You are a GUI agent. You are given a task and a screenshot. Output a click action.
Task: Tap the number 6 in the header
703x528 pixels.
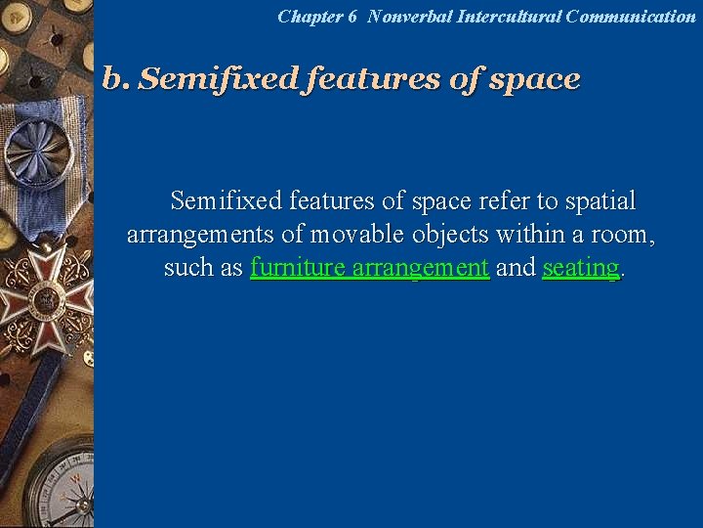coord(351,17)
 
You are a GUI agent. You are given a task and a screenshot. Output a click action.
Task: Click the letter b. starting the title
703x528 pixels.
coord(115,79)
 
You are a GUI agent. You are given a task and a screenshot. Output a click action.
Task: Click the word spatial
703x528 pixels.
coord(600,201)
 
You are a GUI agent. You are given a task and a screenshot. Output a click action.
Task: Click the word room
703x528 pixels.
coord(627,235)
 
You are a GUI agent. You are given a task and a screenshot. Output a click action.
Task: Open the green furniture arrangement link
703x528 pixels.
coord(369,268)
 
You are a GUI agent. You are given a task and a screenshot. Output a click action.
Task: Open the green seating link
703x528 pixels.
coord(580,268)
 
